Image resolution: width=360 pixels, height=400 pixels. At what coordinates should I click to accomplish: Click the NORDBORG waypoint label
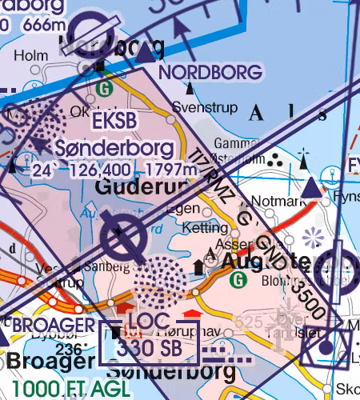[x=210, y=73]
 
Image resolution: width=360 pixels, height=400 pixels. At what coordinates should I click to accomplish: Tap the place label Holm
[x=26, y=55]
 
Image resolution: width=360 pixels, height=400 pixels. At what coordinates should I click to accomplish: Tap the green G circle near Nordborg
[x=102, y=86]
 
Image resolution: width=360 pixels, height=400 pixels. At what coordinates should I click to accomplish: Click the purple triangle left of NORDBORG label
[x=145, y=54]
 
